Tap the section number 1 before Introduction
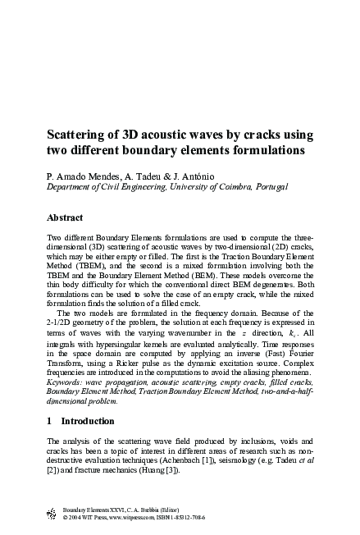[x=51, y=420]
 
